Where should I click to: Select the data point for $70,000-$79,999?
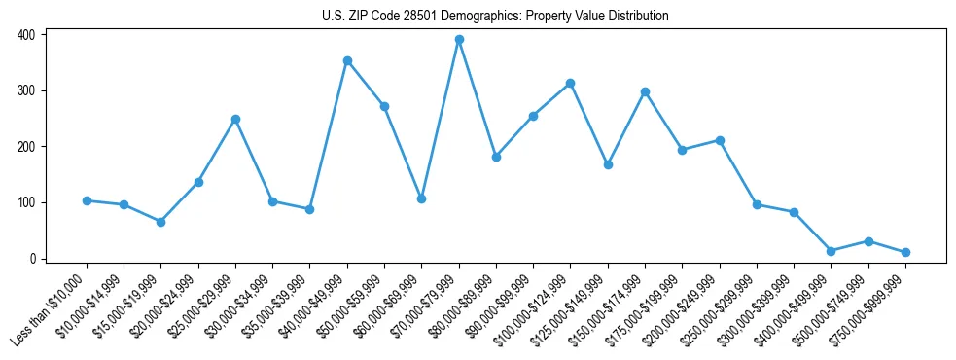(459, 40)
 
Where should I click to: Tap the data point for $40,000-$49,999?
(347, 61)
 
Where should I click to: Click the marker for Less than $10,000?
(87, 200)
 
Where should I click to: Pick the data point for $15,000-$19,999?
(161, 222)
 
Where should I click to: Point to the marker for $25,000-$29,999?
(235, 120)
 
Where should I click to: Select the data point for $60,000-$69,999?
(421, 198)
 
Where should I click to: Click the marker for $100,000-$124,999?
(570, 84)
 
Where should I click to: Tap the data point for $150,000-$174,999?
(645, 91)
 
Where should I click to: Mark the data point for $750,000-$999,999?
(905, 252)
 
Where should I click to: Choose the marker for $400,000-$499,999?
(831, 251)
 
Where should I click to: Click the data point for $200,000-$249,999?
(720, 140)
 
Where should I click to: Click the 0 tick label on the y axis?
(32, 259)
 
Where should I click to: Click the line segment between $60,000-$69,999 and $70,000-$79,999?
(440, 120)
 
